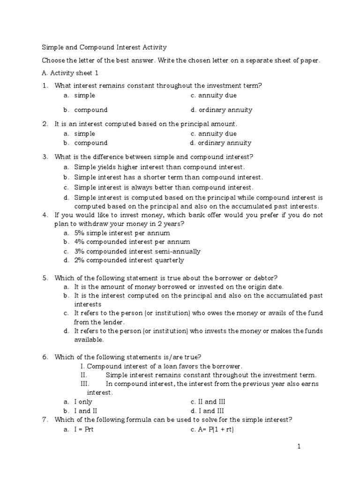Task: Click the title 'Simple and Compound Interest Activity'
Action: click(x=104, y=47)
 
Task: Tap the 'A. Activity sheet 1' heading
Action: click(x=70, y=73)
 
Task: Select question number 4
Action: click(x=45, y=215)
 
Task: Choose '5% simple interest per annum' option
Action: click(x=122, y=233)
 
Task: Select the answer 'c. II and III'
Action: click(x=208, y=402)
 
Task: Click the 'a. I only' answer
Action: click(x=78, y=402)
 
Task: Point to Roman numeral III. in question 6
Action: click(x=85, y=384)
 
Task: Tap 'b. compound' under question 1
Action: click(x=86, y=110)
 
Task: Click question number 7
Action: click(x=45, y=420)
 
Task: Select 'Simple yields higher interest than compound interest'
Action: click(x=159, y=167)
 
